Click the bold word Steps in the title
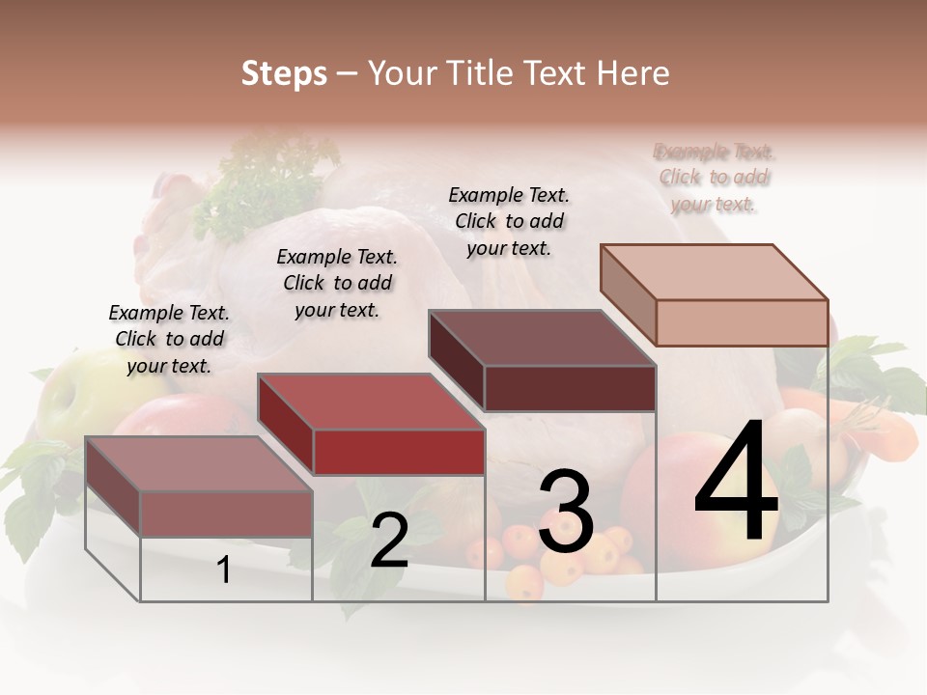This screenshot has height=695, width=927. click(284, 73)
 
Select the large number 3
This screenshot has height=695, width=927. click(566, 512)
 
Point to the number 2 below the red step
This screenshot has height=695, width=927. click(389, 541)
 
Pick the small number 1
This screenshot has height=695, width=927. click(224, 570)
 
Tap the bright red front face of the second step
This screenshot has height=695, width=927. click(399, 452)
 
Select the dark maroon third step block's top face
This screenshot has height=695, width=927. click(541, 338)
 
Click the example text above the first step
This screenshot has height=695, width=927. click(169, 339)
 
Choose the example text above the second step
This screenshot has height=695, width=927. click(337, 283)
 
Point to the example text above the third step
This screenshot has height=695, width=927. click(509, 221)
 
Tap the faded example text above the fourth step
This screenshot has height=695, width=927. click(714, 178)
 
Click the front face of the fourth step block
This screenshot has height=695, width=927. click(742, 322)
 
